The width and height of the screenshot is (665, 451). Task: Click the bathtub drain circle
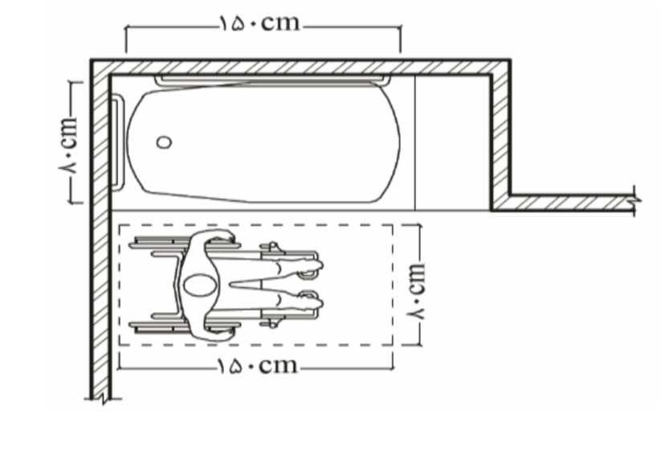[x=164, y=142]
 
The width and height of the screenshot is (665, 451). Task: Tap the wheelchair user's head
[x=200, y=285]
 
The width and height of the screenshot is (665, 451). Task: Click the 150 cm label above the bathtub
[x=259, y=23]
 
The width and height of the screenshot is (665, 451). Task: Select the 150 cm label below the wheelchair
[x=258, y=365]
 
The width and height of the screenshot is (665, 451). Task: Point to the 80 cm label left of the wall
[x=67, y=145]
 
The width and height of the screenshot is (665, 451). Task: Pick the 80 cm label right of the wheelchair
[x=416, y=291]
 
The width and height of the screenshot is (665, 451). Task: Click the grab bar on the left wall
[x=117, y=142]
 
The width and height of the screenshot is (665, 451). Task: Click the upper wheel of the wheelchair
[x=185, y=244]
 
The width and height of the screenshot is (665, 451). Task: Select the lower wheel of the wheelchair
[x=185, y=326]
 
